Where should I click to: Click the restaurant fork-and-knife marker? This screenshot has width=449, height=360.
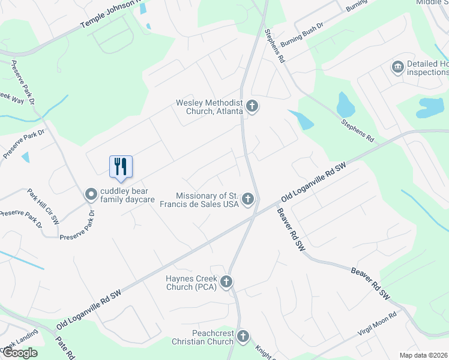click(x=121, y=166)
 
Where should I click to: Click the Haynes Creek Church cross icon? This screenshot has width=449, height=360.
click(x=226, y=281)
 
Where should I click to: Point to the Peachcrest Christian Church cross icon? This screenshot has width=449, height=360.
click(x=243, y=336)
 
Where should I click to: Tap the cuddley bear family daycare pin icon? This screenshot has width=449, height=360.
click(x=91, y=194)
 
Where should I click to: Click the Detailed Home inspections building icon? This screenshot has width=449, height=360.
click(x=397, y=67)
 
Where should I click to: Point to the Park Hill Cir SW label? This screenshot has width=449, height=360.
click(x=43, y=206)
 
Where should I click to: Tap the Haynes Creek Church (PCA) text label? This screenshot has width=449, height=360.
click(x=192, y=282)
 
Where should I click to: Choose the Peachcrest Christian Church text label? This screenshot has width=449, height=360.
click(x=204, y=337)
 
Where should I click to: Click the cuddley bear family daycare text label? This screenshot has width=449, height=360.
click(x=127, y=195)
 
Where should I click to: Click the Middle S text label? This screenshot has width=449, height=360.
click(x=433, y=2)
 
